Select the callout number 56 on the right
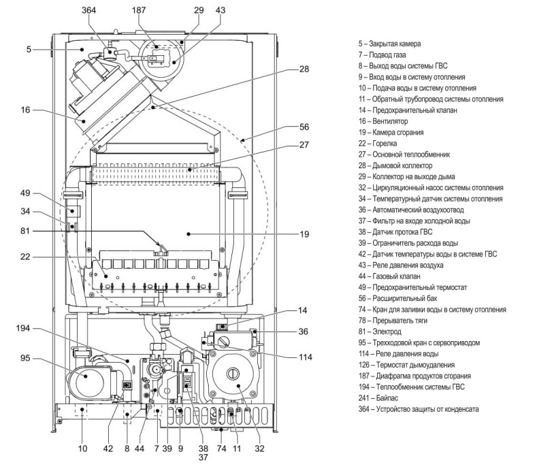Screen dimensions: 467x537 coord(304,127)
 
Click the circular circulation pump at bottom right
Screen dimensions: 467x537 coord(233,375)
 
